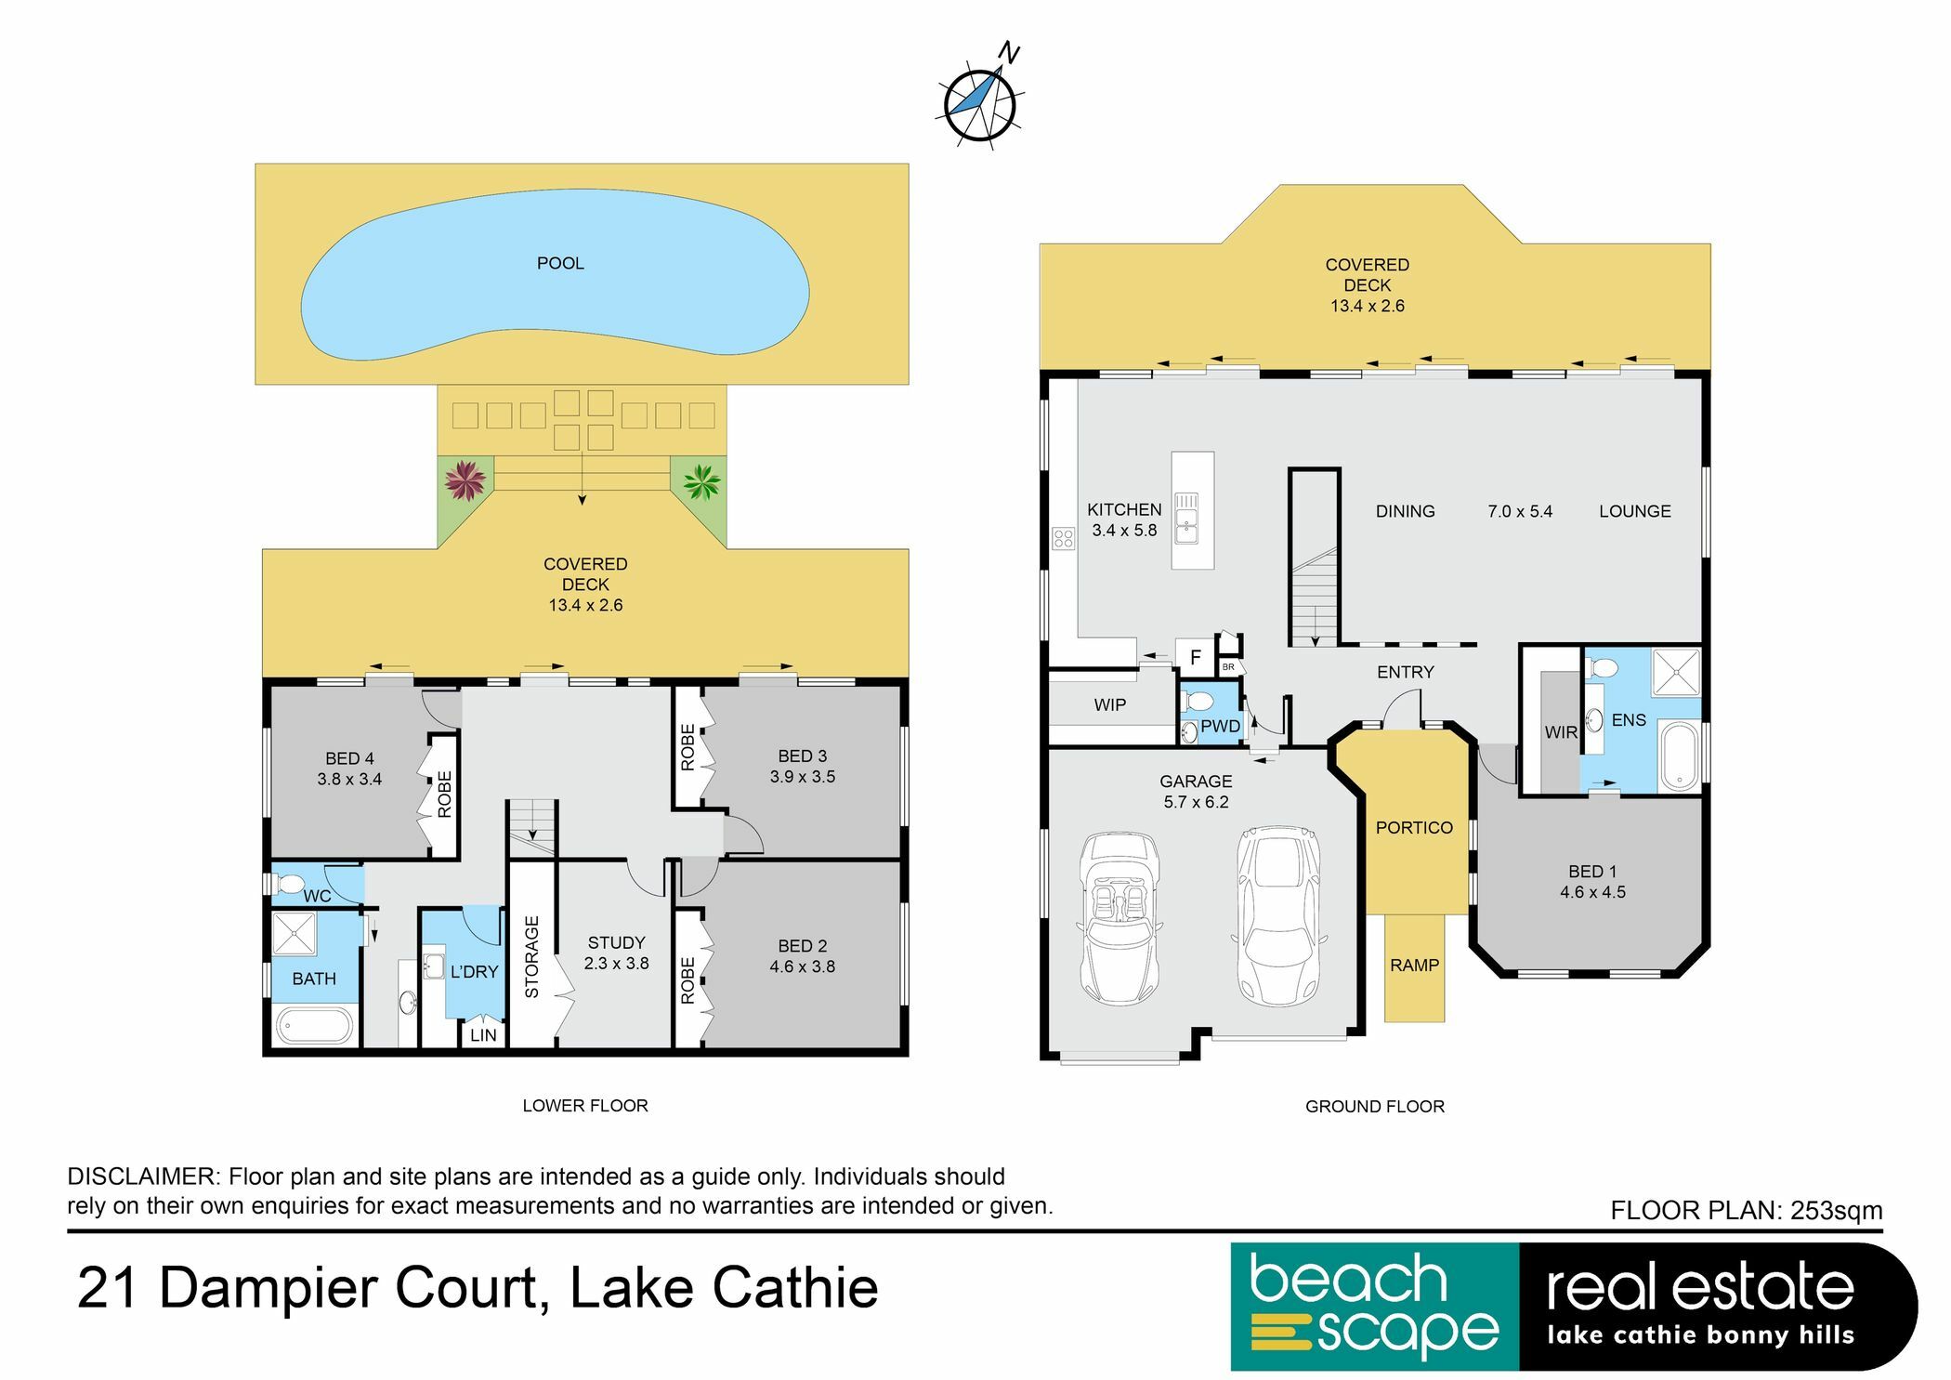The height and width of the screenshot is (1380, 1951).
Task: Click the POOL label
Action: click(x=560, y=263)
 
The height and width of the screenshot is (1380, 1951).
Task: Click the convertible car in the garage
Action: click(x=1120, y=918)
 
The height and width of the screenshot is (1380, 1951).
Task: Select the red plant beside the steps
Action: click(x=465, y=480)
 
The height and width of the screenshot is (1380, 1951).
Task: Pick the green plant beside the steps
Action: click(x=701, y=481)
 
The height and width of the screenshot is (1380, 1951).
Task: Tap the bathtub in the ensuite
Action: click(x=1680, y=756)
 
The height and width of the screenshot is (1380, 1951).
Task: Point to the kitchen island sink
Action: click(x=1187, y=518)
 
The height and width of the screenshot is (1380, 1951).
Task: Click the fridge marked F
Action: click(x=1195, y=657)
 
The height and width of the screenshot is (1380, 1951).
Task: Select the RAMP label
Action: click(x=1414, y=966)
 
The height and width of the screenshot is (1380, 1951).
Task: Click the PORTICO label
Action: click(x=1414, y=827)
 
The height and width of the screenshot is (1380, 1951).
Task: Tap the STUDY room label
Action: click(x=616, y=942)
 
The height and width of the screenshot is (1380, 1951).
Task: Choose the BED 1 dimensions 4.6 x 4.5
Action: click(x=1592, y=892)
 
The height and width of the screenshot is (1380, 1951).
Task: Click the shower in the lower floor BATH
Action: click(x=295, y=933)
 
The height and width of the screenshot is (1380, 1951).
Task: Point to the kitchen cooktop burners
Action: click(x=1063, y=538)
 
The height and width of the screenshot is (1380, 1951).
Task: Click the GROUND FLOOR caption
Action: click(x=1374, y=1106)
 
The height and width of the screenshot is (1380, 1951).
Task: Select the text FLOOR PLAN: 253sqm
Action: click(x=1746, y=1210)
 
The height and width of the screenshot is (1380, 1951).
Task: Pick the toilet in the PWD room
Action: click(x=1198, y=700)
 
